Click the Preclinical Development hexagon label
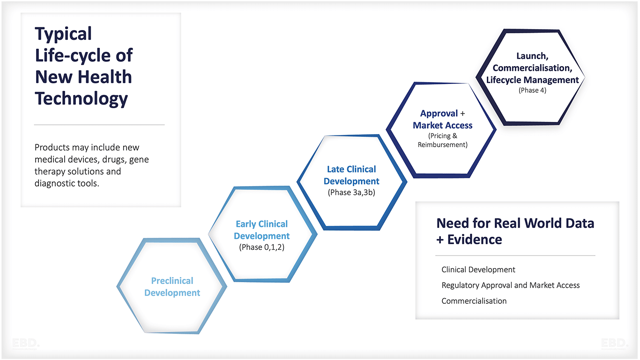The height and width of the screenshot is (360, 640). coord(172,287)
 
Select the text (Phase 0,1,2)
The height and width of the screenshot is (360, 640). coord(261,247)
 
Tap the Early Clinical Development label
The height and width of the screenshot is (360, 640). coord(261,230)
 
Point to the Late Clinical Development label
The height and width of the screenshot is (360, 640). coord(351,175)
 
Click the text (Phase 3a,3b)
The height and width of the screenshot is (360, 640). coord(351,192)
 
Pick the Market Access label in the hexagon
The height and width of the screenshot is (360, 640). coord(442,126)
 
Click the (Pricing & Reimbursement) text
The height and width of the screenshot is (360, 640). coord(442,140)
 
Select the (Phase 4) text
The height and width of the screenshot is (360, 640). coord(532,90)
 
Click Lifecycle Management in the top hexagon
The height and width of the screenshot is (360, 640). coord(532,80)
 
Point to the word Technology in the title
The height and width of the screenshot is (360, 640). coord(82,99)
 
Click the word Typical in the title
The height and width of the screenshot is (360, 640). coord(63,34)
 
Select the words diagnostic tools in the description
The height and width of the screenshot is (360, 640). coord(67,183)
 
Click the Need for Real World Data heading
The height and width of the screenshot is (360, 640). coord(515,223)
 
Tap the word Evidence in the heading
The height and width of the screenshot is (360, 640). coord(475,240)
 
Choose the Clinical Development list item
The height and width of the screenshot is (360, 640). coord(478,270)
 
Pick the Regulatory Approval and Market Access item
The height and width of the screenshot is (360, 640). coord(510,285)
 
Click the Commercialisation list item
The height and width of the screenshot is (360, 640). coord(474,301)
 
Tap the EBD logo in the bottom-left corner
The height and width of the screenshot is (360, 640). coord(26,344)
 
